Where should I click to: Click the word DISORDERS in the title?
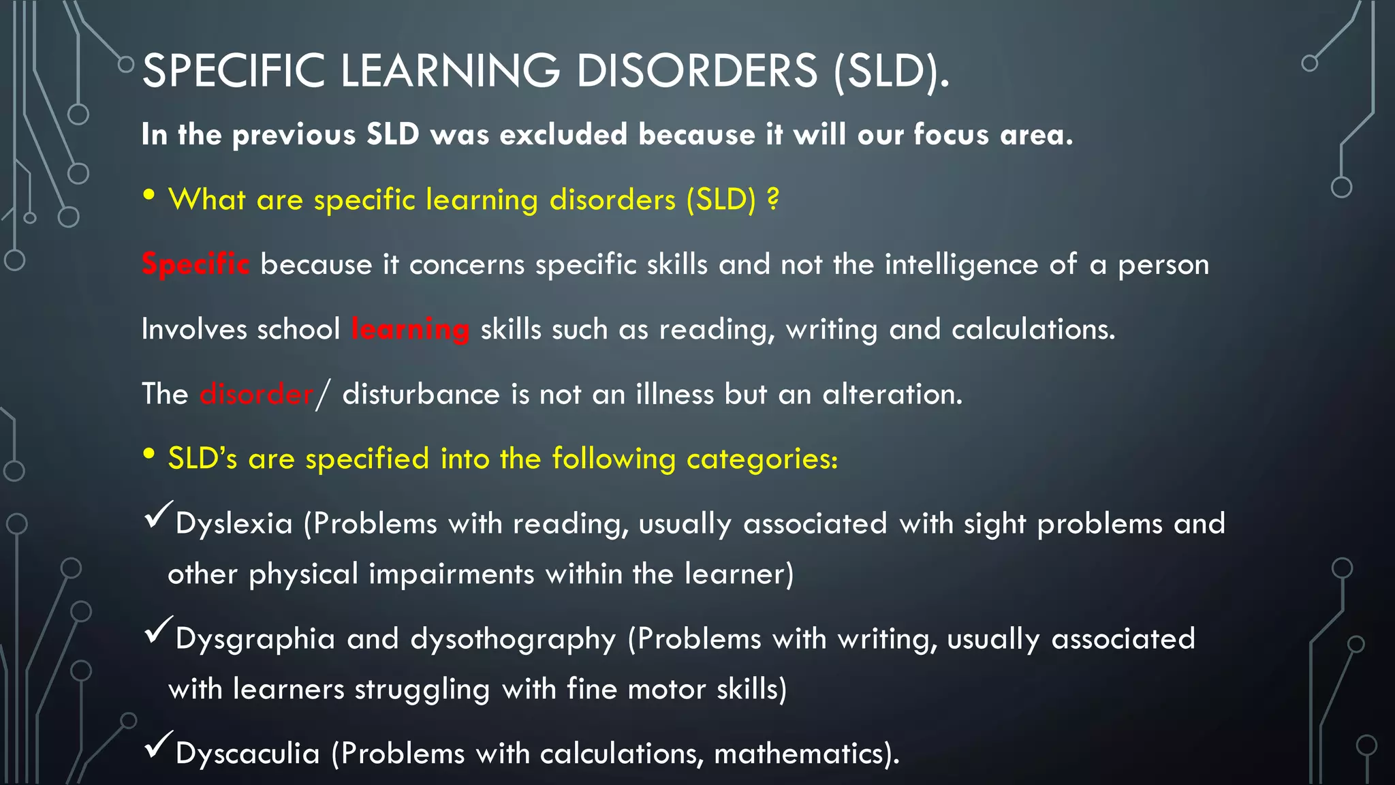[x=696, y=70]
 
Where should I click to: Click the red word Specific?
[x=195, y=264]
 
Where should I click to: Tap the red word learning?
[x=410, y=329]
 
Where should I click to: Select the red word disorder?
[x=256, y=395]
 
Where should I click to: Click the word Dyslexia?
[x=234, y=524]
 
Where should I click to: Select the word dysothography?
[x=513, y=639]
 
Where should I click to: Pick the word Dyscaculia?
[x=247, y=754]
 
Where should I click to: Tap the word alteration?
[x=892, y=395]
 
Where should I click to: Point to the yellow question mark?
[x=772, y=199]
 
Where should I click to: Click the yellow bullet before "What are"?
[x=149, y=196]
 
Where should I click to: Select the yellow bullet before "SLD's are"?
[x=149, y=455]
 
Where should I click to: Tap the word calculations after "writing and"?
[x=1032, y=329]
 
